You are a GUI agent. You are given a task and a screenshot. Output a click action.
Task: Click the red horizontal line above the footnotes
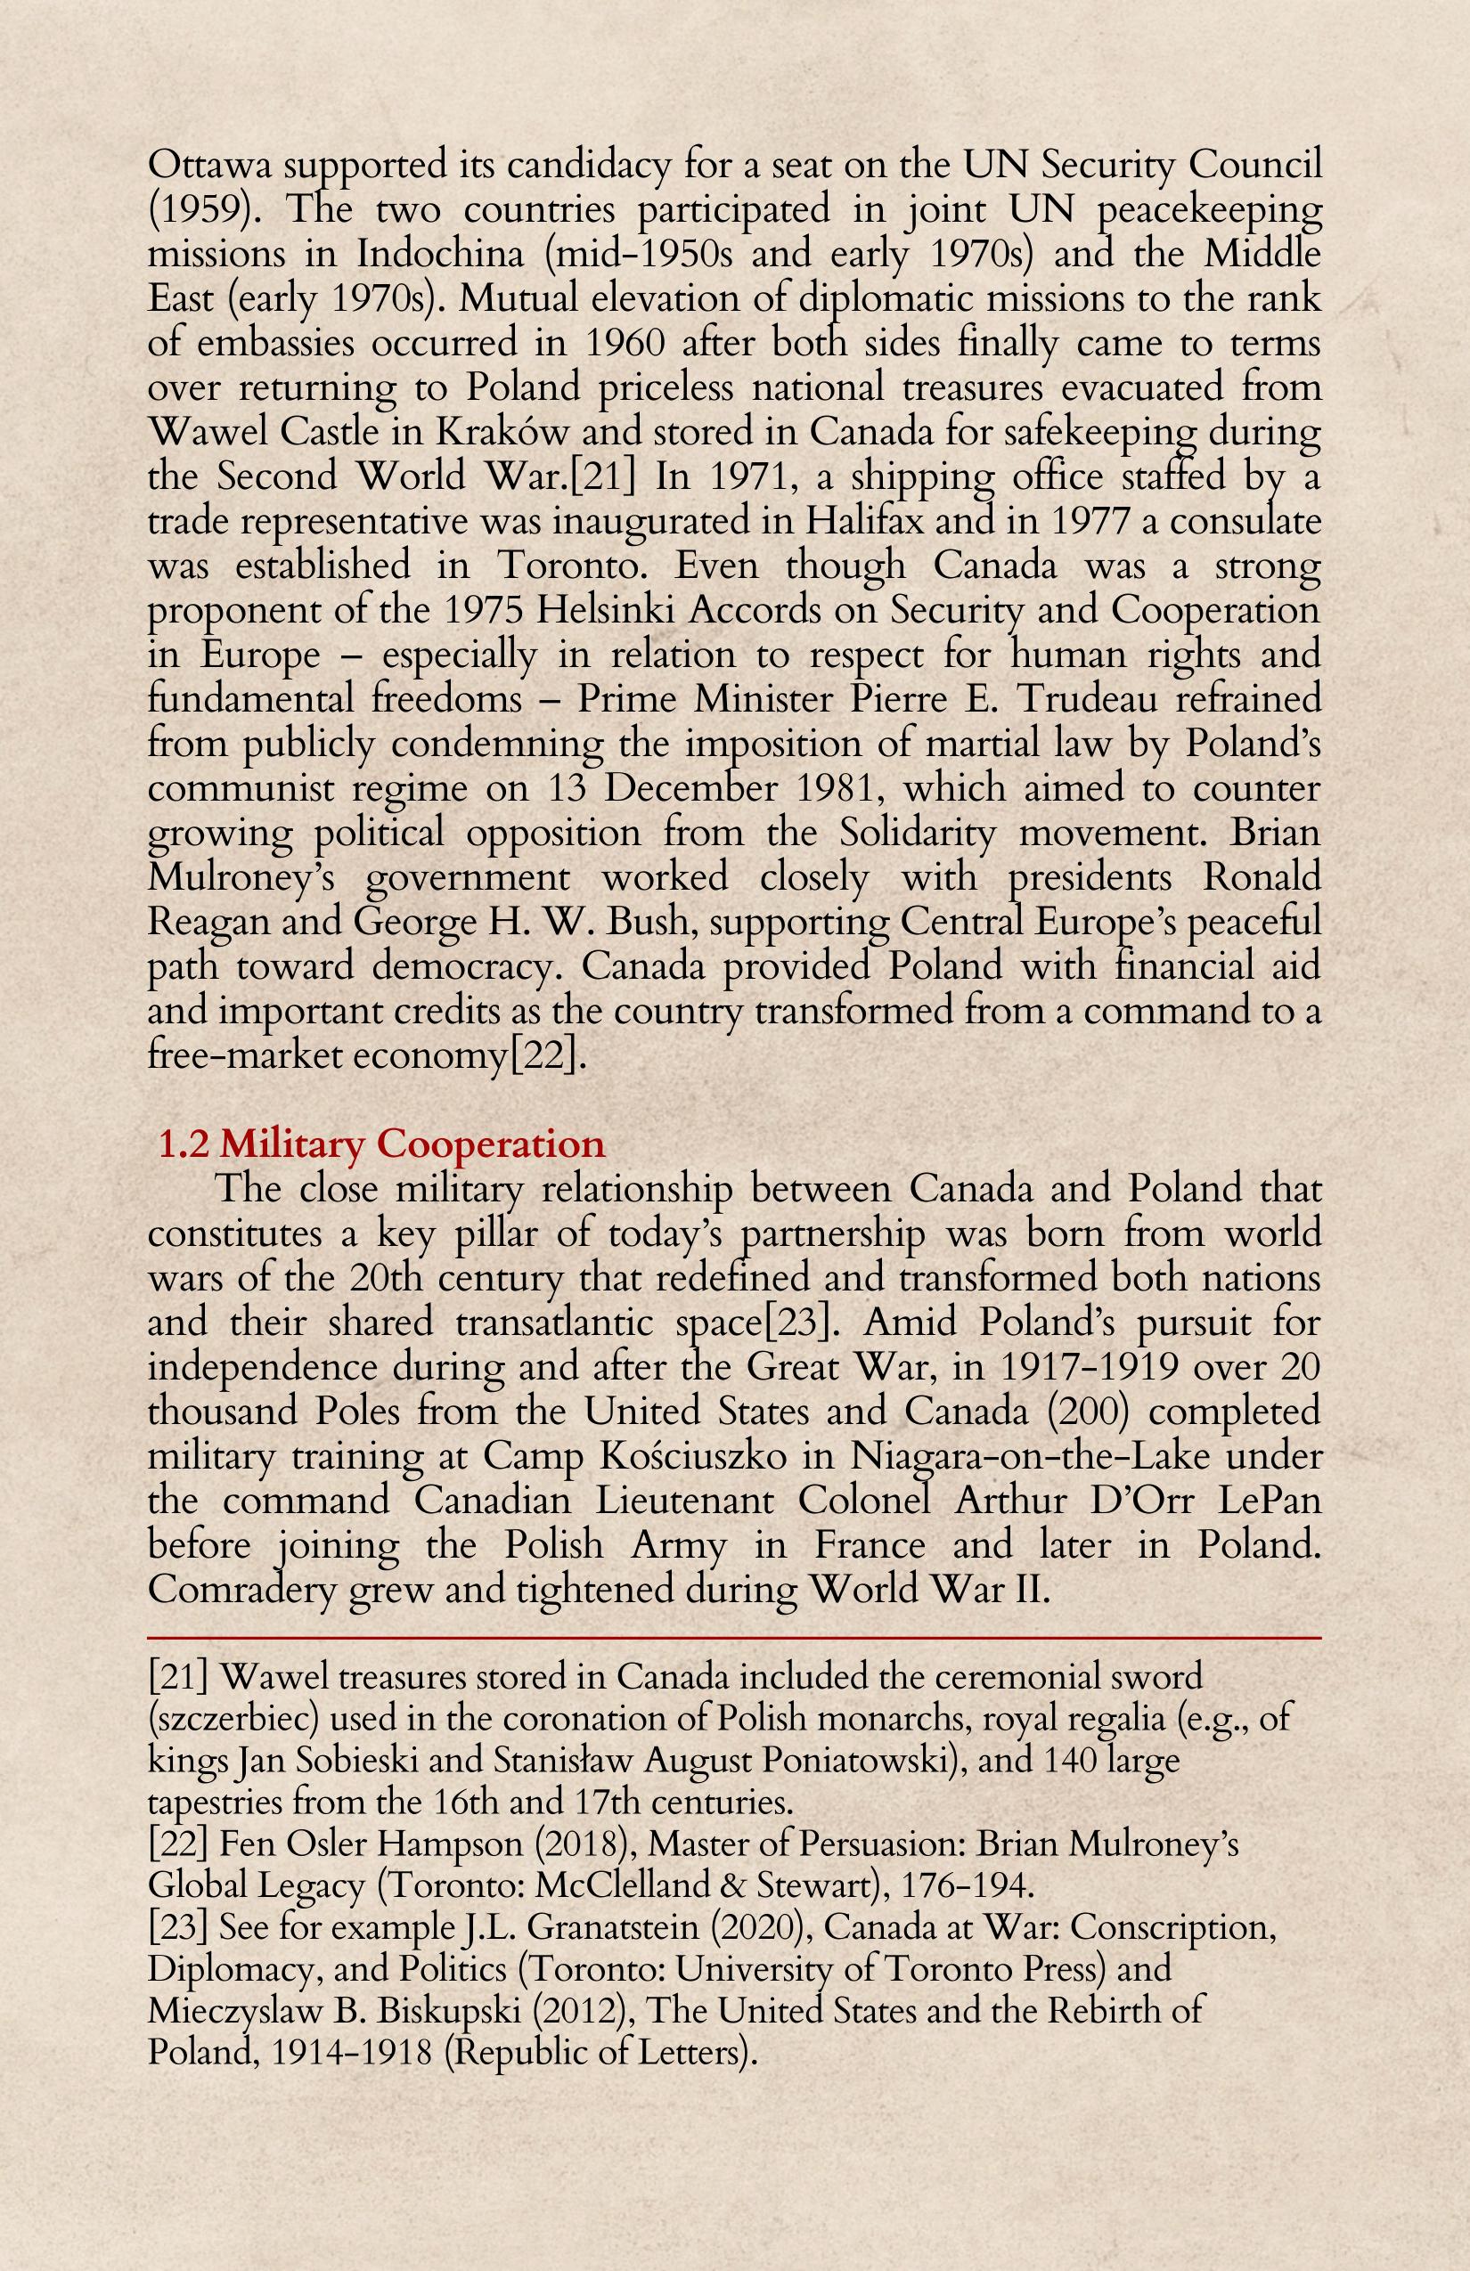point(734,1638)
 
